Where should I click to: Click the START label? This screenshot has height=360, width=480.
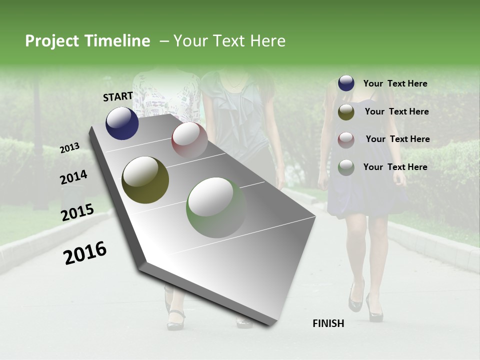(118, 96)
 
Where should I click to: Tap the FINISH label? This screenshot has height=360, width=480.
(328, 323)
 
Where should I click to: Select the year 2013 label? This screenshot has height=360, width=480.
(70, 147)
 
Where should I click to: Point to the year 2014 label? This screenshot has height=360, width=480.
(74, 177)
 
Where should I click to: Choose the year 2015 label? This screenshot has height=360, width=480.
(77, 212)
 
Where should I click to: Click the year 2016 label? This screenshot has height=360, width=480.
(85, 253)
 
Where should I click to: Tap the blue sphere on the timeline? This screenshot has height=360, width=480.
(122, 123)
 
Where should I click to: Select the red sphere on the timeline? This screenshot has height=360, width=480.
(189, 139)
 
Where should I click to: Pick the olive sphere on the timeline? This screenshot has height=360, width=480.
(145, 180)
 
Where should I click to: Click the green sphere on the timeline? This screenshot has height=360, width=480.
(216, 207)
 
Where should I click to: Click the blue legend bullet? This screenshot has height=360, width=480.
(346, 83)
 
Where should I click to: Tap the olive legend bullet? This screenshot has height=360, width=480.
(346, 112)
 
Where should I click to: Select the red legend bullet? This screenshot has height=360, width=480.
(346, 139)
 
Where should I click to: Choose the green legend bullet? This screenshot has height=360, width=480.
(346, 167)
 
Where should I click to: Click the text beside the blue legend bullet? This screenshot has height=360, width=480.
(395, 83)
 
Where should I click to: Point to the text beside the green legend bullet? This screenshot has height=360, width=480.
(395, 167)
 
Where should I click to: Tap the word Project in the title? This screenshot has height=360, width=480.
(51, 41)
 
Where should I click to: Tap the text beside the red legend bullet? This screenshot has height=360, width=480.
(397, 139)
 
